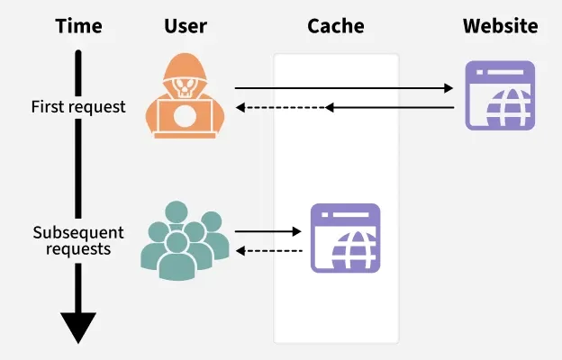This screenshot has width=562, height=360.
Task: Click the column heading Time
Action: tap(77, 26)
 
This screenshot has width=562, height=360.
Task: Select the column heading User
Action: tap(185, 26)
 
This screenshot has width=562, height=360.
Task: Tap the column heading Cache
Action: tap(335, 26)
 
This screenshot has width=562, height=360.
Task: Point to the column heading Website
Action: tap(500, 26)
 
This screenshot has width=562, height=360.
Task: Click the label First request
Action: tap(78, 107)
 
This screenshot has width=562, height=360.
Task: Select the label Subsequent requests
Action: tap(77, 239)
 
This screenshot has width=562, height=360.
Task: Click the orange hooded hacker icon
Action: tap(184, 95)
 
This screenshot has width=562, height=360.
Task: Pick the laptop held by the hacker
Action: tap(184, 117)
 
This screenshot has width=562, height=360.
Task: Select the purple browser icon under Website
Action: tap(500, 95)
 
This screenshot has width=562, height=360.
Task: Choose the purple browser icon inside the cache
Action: tap(346, 238)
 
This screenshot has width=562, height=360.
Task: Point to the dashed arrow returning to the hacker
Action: tap(279, 107)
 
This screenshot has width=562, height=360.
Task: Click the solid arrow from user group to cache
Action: tap(268, 231)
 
